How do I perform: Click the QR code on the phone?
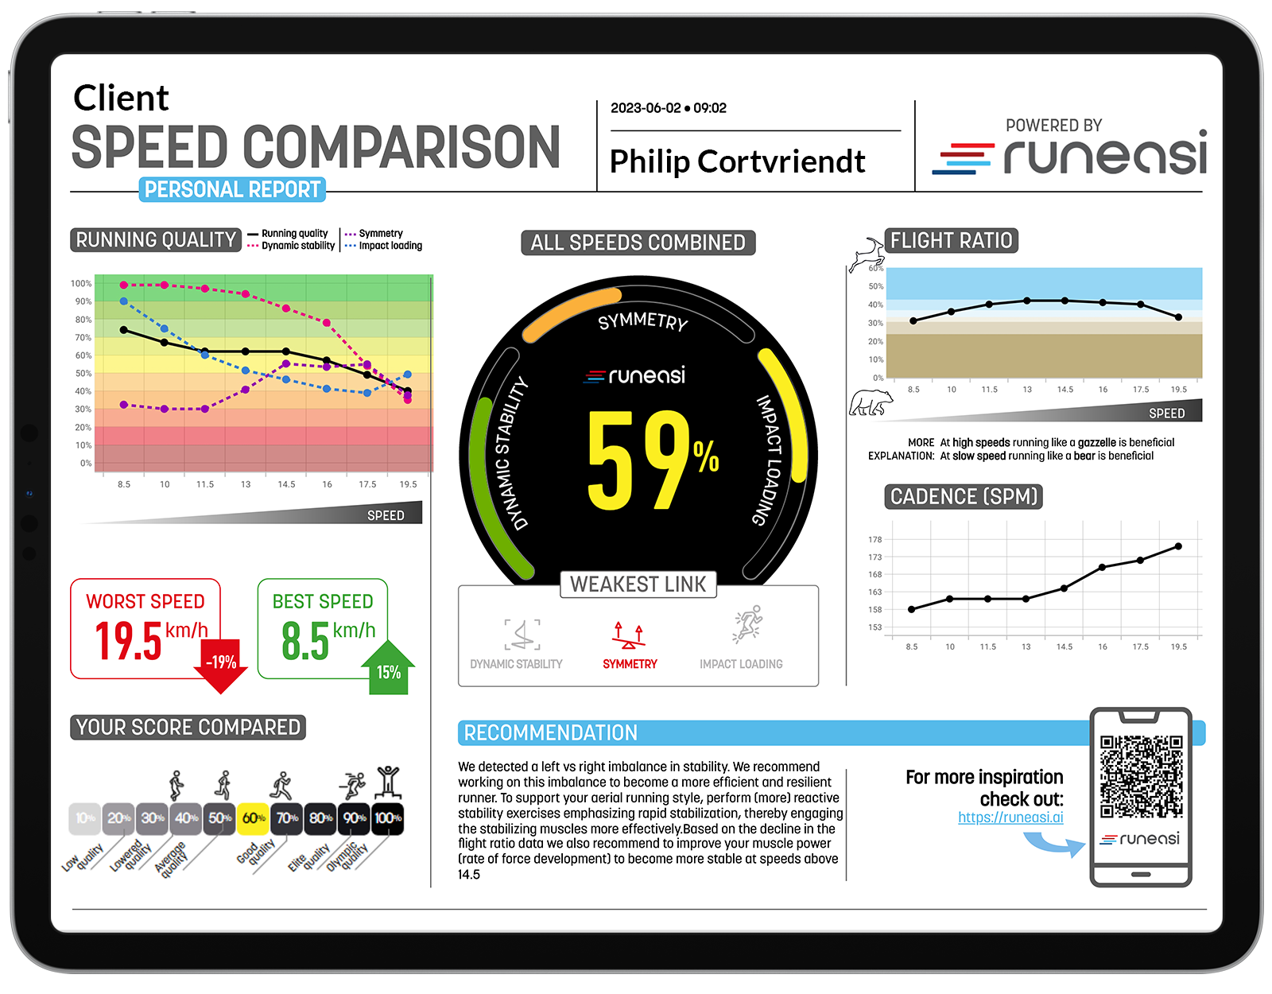1141,777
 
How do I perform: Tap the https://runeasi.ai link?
1010,817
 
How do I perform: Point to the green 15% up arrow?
388,669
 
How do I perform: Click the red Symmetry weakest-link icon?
629,635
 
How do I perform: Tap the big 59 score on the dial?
640,461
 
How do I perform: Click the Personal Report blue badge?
232,189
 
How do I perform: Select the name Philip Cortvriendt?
737,161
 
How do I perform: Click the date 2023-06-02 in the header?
646,108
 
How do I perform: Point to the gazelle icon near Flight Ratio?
866,254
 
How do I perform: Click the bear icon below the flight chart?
871,403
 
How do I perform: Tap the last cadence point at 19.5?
1178,546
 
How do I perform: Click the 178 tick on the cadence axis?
874,540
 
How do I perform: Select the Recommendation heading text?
550,733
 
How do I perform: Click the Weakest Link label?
638,584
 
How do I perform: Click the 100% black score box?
388,818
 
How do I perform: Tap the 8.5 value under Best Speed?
305,641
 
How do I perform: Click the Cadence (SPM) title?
964,497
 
